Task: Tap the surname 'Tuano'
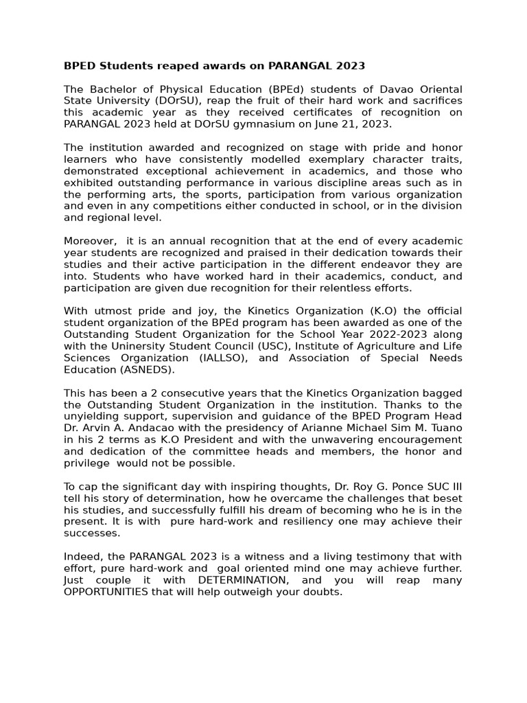446,428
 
